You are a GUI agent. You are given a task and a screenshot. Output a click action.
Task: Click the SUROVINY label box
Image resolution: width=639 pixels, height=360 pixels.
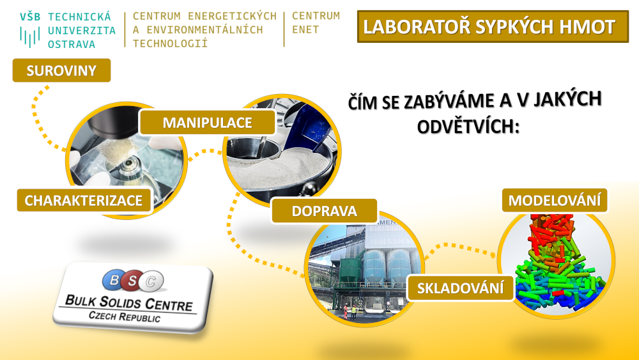(61, 70)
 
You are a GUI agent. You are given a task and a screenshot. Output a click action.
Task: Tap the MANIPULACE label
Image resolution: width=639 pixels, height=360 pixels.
(208, 122)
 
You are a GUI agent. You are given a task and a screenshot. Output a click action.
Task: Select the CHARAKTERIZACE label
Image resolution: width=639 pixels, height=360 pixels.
(84, 200)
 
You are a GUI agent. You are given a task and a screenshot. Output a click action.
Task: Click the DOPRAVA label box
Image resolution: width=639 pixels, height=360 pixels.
(325, 211)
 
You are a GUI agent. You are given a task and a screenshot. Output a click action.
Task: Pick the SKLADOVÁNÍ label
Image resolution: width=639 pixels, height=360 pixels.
(461, 288)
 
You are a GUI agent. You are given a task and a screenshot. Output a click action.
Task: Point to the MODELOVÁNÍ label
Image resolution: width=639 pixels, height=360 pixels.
(555, 200)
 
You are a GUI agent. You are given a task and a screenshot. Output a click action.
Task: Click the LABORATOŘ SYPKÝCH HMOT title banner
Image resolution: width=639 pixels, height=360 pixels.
(493, 26)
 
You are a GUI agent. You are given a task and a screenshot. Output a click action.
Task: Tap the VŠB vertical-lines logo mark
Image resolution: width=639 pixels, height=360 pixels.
(30, 36)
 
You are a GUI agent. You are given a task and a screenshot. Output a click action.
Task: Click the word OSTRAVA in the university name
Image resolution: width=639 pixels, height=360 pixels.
(72, 44)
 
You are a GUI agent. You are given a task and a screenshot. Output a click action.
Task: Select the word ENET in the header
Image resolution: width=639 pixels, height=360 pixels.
(305, 30)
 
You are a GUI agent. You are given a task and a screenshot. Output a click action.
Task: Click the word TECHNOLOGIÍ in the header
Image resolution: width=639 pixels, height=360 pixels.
(171, 43)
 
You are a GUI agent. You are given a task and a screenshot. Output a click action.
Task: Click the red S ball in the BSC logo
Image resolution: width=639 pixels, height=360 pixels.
(132, 281)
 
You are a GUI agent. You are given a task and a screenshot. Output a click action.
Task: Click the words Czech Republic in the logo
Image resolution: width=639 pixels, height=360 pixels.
(125, 317)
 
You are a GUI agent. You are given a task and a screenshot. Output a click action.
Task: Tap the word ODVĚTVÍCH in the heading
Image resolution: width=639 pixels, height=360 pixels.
(468, 127)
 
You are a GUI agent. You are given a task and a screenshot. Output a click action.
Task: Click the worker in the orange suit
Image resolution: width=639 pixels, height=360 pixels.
(346, 311)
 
